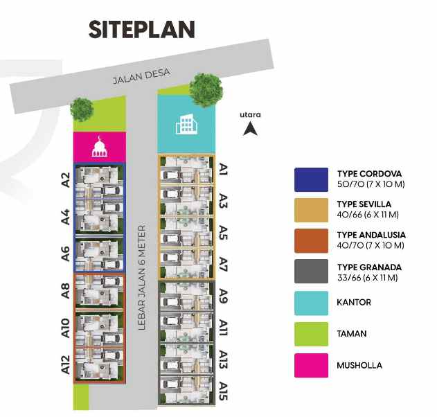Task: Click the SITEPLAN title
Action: point(142,29)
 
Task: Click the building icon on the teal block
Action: point(186,125)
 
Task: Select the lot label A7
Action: point(223,264)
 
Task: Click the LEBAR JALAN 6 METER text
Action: point(141,276)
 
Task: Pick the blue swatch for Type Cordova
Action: point(311,179)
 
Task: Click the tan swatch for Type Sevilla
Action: point(311,210)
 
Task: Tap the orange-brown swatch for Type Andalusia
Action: point(311,240)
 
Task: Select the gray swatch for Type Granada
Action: point(311,272)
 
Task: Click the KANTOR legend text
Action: point(354,303)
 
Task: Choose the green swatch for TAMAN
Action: point(311,334)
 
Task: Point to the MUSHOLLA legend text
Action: point(359,365)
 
